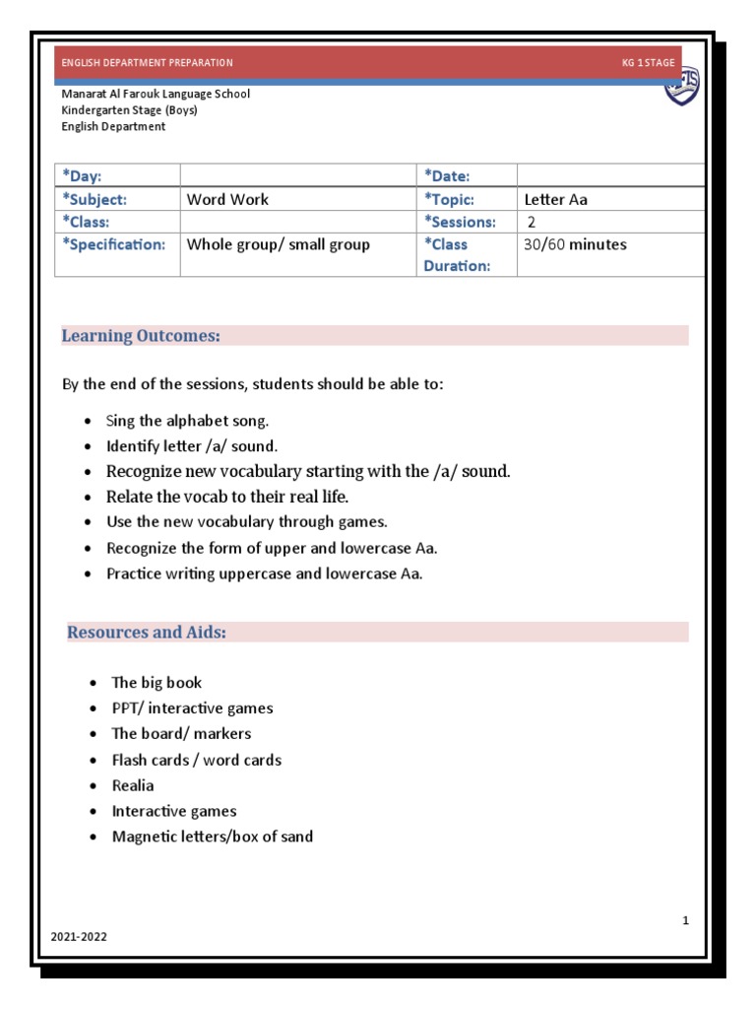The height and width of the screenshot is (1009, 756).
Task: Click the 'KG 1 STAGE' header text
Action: [x=648, y=63]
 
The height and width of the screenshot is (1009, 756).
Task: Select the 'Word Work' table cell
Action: [x=227, y=199]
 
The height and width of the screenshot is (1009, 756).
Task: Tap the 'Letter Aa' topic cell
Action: [x=556, y=199]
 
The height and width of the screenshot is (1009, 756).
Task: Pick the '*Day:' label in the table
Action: [x=82, y=175]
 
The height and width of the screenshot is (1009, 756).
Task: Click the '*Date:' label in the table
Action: [x=447, y=175]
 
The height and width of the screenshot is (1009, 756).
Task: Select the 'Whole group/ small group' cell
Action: [x=279, y=244]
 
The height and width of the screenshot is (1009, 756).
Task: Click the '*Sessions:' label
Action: [x=460, y=222]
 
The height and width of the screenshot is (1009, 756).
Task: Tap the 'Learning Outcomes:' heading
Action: [x=141, y=336]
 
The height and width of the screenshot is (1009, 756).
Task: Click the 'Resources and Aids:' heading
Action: [x=147, y=632]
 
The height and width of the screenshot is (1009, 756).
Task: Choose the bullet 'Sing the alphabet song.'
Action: [x=187, y=421]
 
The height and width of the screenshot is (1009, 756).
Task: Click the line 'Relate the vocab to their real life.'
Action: [x=227, y=497]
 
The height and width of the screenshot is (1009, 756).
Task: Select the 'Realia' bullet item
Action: [x=133, y=785]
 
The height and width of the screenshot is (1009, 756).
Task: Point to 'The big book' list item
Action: [x=157, y=682]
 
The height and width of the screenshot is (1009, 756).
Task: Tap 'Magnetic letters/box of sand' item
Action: [x=213, y=837]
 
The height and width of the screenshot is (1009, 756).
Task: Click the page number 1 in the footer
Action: [x=685, y=920]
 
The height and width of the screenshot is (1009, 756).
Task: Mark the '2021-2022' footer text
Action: [x=79, y=937]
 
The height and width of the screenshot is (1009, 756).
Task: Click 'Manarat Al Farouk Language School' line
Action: [x=156, y=94]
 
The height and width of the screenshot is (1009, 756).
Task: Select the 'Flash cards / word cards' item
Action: [x=197, y=760]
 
